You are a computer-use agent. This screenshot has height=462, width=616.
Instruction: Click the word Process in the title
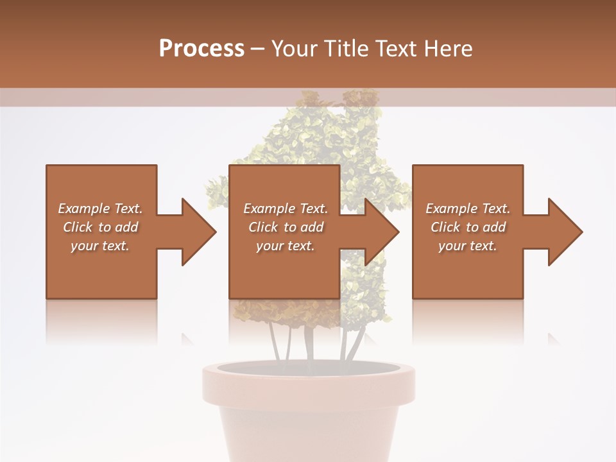coord(201,49)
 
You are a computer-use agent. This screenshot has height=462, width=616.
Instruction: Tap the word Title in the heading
coord(347,49)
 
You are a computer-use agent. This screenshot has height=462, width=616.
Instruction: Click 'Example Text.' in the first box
coord(100,209)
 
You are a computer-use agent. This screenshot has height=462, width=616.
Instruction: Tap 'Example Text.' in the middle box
coord(286,209)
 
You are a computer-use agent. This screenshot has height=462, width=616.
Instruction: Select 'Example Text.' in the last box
coord(468,209)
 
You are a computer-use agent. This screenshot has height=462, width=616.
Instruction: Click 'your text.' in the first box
coord(100,246)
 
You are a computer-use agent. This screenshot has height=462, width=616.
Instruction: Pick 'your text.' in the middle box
coord(286,246)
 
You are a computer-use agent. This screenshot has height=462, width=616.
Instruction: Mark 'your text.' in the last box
coord(468,246)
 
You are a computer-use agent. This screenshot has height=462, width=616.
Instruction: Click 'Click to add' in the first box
coord(100,227)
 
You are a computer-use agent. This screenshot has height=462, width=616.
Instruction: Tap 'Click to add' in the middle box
coord(286,227)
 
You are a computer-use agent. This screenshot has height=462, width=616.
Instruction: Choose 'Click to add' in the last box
coord(468,227)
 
